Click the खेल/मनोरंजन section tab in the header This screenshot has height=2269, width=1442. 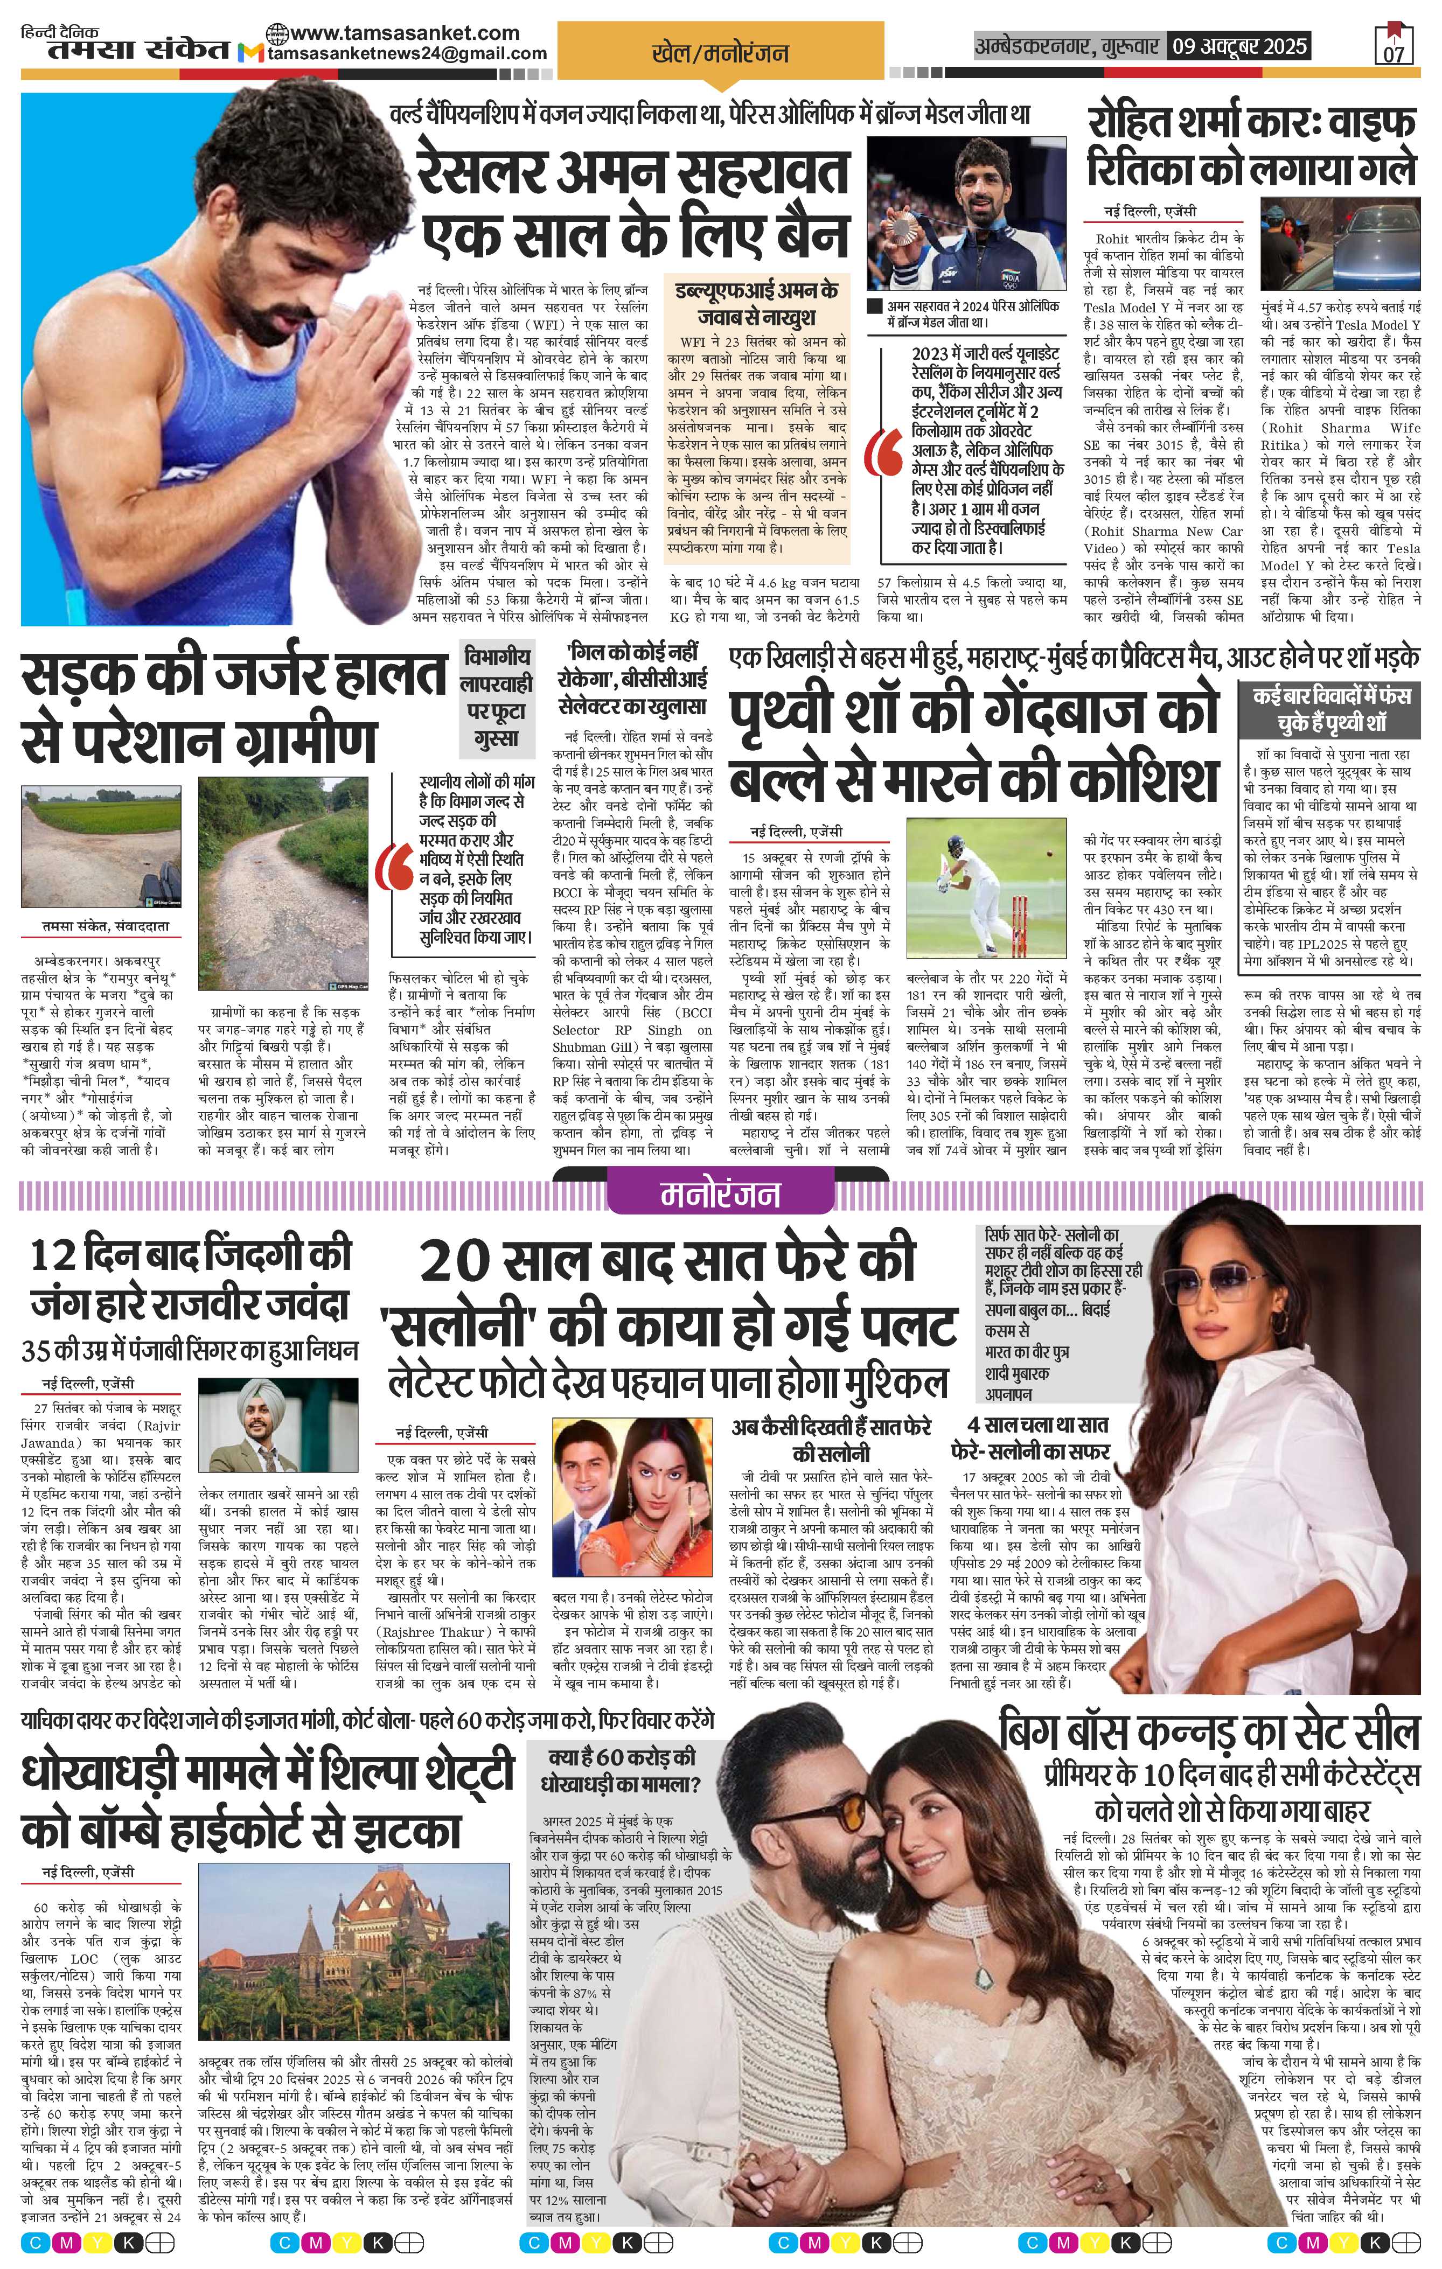(720, 54)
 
